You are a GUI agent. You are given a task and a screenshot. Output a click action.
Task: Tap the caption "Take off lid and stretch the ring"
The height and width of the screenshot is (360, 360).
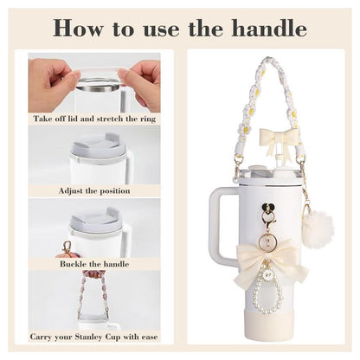point(94,118)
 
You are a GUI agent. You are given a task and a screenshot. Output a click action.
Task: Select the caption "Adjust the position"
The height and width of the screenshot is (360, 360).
point(94,189)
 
